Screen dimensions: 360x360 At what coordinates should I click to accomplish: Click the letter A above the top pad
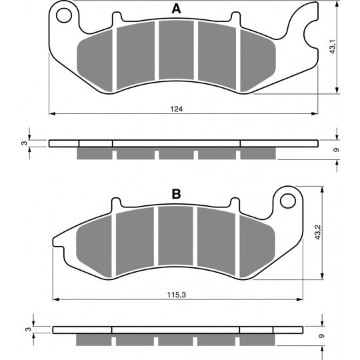click(x=176, y=9)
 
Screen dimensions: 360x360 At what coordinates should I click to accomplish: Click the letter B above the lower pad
click(x=176, y=194)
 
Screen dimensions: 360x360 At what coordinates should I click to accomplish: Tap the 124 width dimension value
click(x=176, y=109)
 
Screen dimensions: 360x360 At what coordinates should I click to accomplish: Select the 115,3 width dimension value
click(x=176, y=295)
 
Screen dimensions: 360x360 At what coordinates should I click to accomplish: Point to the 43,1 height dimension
click(x=333, y=47)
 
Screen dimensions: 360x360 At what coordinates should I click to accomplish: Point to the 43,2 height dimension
click(x=318, y=233)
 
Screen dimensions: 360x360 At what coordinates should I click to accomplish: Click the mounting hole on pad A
click(x=64, y=15)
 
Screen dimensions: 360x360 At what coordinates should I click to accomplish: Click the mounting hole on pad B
click(x=288, y=201)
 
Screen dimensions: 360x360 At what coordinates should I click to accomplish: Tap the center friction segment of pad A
click(x=176, y=50)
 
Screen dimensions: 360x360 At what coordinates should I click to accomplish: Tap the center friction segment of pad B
click(x=175, y=236)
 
